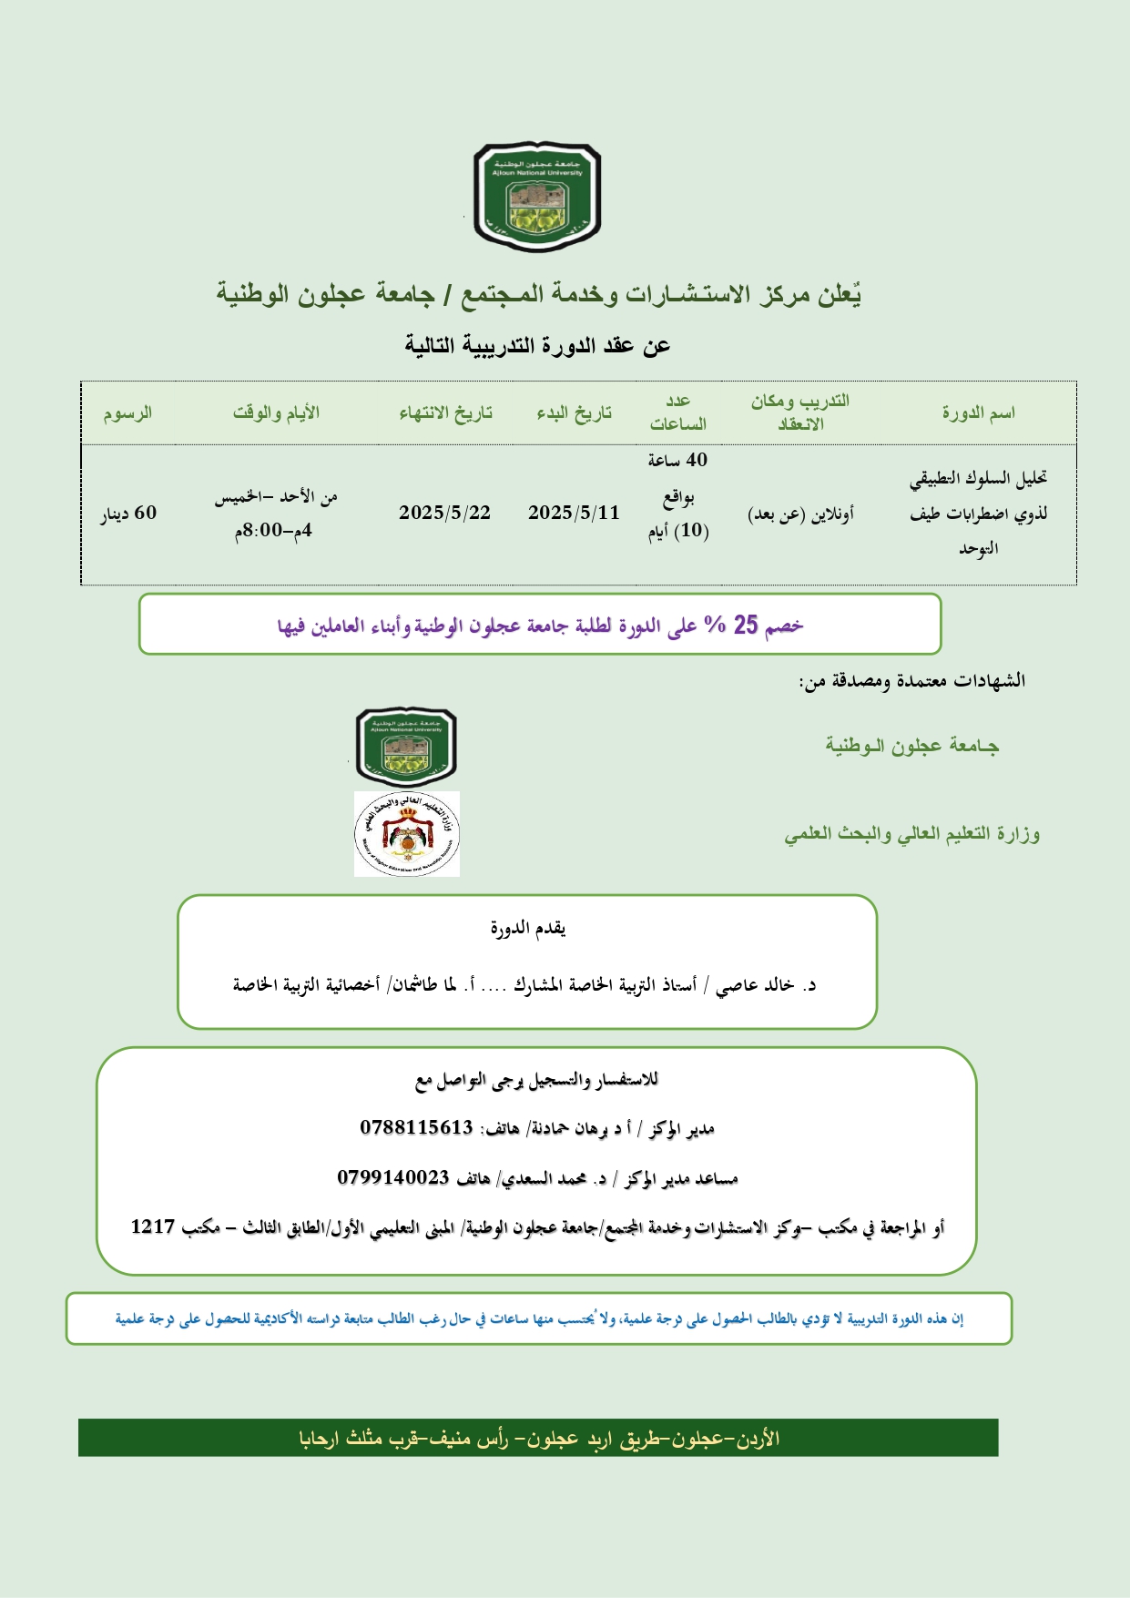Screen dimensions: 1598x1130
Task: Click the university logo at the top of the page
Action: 536,196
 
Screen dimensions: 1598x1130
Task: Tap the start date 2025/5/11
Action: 574,513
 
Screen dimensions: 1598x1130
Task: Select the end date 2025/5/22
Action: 444,513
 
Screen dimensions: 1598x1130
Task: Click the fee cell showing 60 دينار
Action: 128,514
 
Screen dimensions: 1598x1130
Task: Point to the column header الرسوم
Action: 127,413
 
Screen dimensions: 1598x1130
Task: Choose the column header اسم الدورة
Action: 978,413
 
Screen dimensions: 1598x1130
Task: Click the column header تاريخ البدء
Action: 574,413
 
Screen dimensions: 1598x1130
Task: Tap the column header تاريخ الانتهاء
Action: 445,413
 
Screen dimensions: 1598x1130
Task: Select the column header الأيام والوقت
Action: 276,413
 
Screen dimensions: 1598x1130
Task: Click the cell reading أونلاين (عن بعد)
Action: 800,514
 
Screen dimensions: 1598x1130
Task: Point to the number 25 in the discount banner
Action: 746,625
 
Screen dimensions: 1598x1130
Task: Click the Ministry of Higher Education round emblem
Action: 406,834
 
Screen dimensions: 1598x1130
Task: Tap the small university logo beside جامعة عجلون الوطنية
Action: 406,747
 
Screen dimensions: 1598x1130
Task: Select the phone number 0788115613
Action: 416,1127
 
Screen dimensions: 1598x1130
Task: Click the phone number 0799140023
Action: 393,1177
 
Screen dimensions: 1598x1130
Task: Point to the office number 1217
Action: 152,1226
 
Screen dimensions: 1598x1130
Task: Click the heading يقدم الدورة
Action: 528,929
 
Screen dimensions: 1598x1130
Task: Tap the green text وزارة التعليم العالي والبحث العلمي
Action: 911,834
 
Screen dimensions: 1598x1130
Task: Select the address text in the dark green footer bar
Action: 539,1438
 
